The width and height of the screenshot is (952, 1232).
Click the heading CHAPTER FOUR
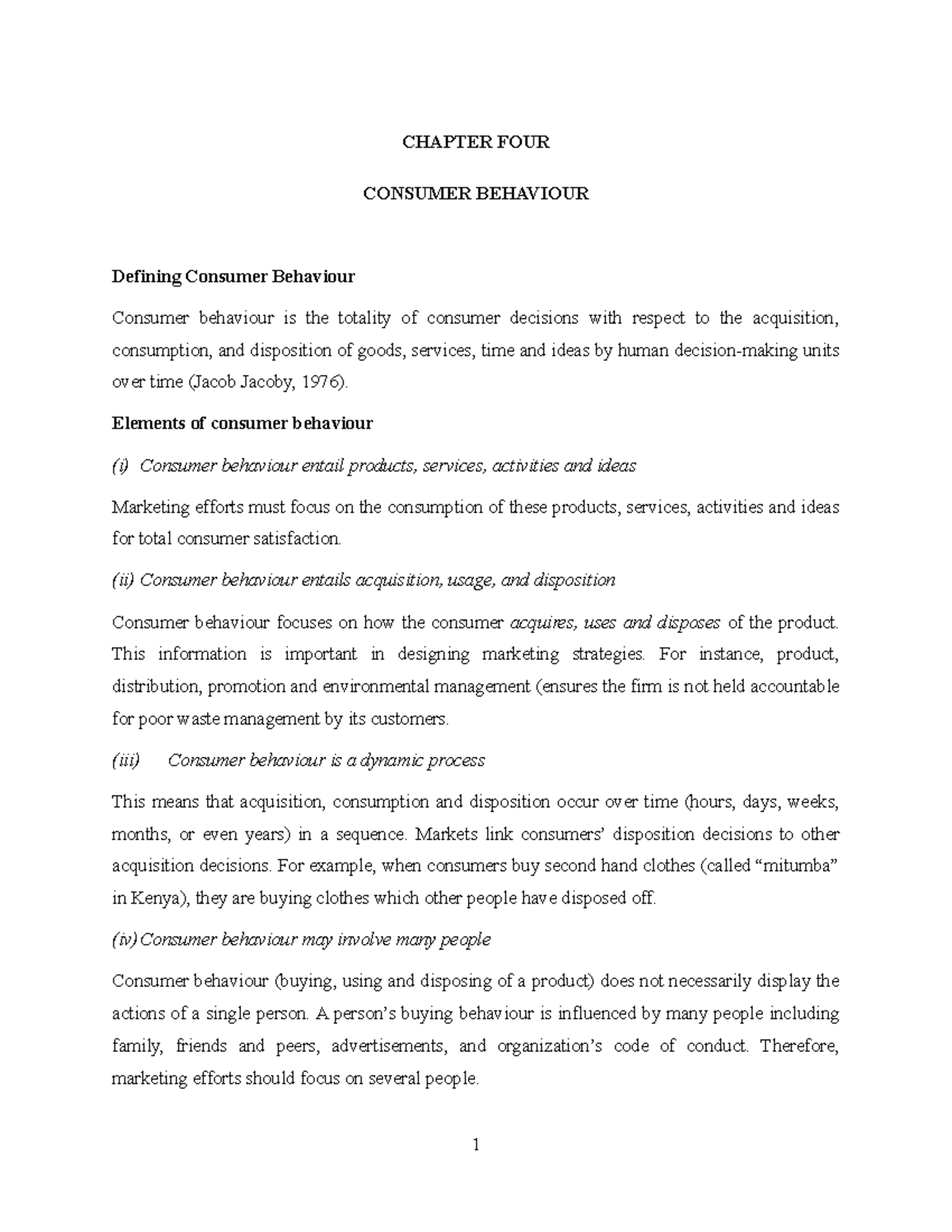(x=475, y=142)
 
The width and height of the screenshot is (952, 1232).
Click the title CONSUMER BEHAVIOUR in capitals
(x=475, y=194)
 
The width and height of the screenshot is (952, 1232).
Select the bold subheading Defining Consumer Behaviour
(x=233, y=277)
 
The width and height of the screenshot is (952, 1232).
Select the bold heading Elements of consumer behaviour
(x=242, y=423)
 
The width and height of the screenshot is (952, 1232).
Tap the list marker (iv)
(x=125, y=939)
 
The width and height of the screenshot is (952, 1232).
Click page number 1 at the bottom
(x=475, y=1145)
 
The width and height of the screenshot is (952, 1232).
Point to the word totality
(x=364, y=318)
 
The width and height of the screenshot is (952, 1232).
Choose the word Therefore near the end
(x=799, y=1046)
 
